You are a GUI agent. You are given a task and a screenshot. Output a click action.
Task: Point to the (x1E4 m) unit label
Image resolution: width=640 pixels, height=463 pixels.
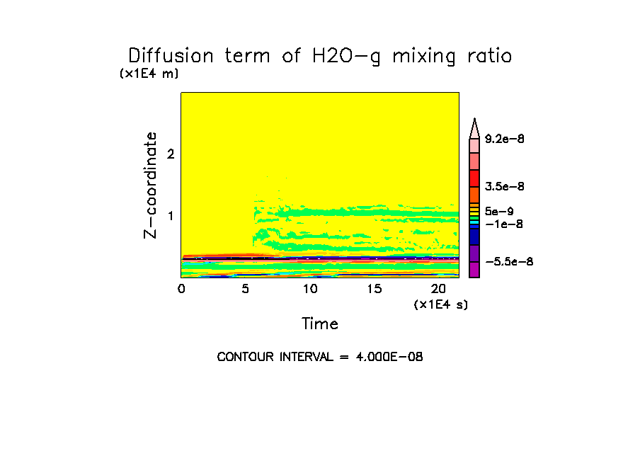click(x=149, y=74)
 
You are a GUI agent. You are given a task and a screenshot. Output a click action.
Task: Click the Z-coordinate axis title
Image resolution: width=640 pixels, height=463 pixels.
click(x=151, y=184)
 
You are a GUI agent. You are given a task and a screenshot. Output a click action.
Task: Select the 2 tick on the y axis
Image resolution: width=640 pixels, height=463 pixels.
click(x=170, y=154)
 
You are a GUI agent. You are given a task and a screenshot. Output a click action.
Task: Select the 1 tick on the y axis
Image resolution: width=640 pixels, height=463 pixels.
click(x=170, y=215)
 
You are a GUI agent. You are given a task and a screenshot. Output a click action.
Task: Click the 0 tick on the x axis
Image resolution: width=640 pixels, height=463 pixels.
click(x=181, y=289)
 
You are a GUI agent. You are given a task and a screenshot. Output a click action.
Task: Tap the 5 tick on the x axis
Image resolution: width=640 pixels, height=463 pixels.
click(x=246, y=289)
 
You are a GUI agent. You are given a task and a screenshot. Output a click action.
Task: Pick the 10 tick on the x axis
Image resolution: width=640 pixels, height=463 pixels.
click(x=310, y=289)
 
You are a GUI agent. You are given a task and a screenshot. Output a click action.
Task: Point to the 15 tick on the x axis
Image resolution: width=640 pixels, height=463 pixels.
click(x=375, y=289)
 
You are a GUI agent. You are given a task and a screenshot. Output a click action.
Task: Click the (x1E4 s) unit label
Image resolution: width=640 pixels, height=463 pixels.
click(x=441, y=304)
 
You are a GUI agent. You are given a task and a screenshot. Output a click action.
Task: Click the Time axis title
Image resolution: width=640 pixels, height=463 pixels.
click(x=320, y=324)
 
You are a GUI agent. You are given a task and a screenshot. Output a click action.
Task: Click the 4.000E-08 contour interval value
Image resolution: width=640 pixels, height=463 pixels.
click(x=389, y=357)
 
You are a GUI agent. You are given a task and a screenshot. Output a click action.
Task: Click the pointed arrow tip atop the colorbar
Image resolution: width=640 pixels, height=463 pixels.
click(x=475, y=125)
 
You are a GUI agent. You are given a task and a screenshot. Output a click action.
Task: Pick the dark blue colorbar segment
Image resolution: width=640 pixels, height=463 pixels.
click(x=475, y=236)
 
